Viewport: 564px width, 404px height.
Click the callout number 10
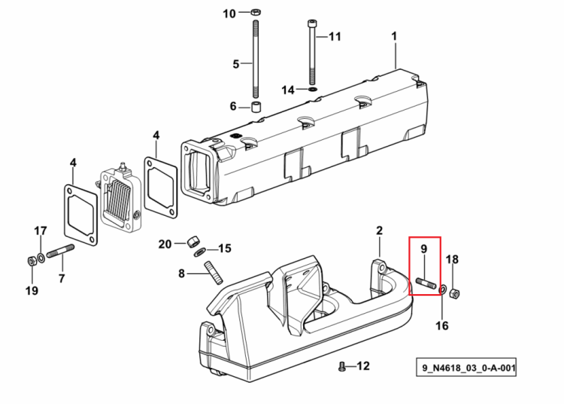(x=229, y=14)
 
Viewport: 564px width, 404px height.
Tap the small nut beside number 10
(x=255, y=12)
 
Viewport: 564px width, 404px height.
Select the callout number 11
(x=335, y=37)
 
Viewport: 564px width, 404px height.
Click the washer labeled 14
(x=313, y=89)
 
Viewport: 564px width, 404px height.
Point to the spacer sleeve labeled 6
(x=256, y=107)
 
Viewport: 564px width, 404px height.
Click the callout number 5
(x=235, y=65)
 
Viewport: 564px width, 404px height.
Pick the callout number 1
(x=394, y=36)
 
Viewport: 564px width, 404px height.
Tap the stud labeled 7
(x=60, y=251)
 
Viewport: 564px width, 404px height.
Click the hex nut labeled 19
(x=32, y=261)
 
